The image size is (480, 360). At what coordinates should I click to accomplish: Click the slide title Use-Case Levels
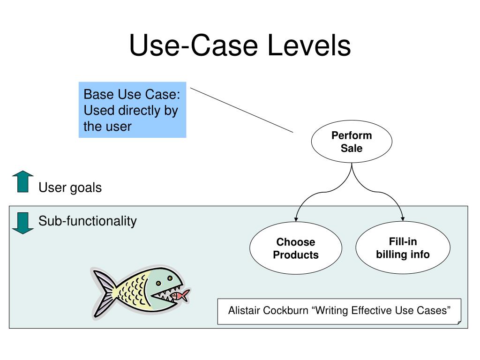240,46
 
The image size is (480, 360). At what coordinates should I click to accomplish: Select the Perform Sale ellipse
352,142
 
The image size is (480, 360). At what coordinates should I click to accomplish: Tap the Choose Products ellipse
296,248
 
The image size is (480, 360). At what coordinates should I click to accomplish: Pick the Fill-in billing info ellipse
403,247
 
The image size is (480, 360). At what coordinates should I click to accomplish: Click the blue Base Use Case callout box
132,110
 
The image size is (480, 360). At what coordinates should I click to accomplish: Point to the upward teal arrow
22,182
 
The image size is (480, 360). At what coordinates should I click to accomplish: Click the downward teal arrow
22,223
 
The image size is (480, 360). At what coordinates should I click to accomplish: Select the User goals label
70,188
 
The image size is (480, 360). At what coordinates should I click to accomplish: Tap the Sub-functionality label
87,221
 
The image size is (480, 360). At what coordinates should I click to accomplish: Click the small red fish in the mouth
180,295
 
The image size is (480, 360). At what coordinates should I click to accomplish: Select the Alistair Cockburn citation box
339,311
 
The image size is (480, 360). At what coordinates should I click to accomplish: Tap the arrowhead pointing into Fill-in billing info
403,219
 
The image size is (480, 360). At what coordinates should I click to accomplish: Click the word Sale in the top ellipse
352,148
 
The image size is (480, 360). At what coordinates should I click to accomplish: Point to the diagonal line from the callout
241,110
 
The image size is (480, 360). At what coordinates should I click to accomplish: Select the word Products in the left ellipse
296,255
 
